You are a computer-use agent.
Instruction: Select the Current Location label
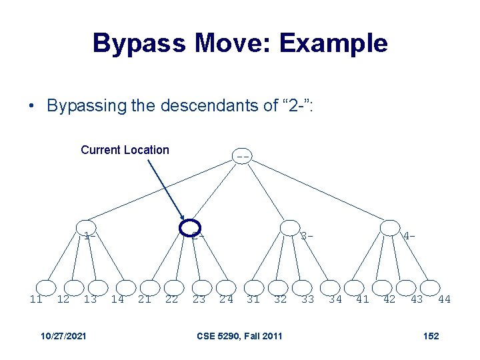125,150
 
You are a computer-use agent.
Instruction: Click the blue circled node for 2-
191,227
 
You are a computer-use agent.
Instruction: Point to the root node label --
243,157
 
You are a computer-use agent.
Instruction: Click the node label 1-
90,235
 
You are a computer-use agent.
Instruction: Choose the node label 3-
306,235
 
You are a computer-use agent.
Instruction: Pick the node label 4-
409,235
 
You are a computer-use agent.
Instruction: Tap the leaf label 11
36,299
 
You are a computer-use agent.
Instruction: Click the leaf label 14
117,299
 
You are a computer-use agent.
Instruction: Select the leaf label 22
171,299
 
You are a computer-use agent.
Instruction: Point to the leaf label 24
227,299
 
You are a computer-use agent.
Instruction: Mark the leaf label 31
253,299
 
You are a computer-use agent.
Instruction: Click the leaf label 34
335,299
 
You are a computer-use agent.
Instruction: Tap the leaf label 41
363,299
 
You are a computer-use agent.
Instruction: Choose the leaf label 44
444,299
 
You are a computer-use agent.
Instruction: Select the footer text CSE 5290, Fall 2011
239,335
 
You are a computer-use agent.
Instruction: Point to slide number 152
431,335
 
